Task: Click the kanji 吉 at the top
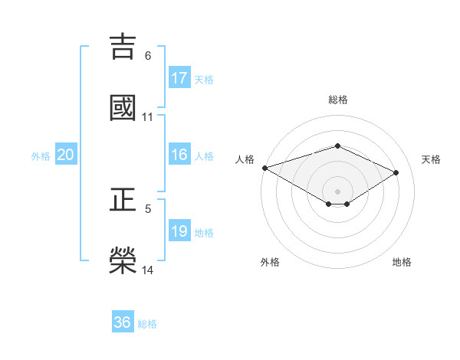coord(123,46)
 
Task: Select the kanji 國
coord(123,107)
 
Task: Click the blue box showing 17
coord(179,78)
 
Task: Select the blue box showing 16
coord(179,155)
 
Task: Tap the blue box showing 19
coord(179,231)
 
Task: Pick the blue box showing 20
coord(66,155)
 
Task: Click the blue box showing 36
coord(123,322)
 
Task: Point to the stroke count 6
coord(148,56)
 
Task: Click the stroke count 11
coord(148,117)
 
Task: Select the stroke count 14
coord(148,270)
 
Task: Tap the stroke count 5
coord(148,208)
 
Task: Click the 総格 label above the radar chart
coord(337,100)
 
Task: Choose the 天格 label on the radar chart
coord(431,159)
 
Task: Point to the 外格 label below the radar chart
coord(269,262)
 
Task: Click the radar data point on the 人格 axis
coord(264,168)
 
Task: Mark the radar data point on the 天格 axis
coord(396,173)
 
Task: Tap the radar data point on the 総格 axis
coord(337,146)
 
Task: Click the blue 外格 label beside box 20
coord(41,155)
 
